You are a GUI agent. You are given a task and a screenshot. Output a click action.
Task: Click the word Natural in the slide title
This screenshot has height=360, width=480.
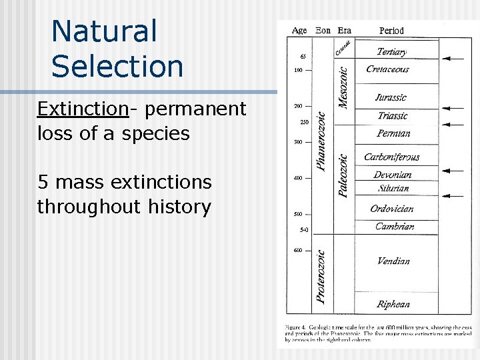[104, 32]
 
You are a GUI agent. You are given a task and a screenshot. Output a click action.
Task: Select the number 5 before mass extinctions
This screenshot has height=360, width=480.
[44, 182]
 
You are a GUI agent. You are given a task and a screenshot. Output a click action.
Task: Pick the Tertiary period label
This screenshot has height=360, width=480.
[393, 51]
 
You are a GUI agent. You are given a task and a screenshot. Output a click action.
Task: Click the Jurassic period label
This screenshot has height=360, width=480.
[390, 97]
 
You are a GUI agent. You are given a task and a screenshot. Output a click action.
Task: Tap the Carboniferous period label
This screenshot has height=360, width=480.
[391, 157]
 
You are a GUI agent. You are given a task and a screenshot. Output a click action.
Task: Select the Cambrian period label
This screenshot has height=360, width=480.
[394, 227]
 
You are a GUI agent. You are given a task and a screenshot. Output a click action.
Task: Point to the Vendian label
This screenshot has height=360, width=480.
[393, 261]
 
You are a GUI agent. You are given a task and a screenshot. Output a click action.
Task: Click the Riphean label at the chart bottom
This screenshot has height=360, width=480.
[393, 305]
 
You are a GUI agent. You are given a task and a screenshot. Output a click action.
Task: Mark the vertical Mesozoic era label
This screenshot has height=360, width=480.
[343, 82]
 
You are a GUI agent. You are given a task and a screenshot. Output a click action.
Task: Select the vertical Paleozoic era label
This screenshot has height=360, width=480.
[343, 175]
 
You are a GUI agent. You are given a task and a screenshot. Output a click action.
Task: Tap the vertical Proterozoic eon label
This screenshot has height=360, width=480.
[321, 277]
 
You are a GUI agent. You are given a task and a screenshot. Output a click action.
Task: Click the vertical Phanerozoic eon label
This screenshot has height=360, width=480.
[321, 141]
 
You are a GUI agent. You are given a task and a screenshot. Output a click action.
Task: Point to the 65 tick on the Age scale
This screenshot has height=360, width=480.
[303, 56]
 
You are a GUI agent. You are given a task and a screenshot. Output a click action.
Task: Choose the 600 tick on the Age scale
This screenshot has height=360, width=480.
[297, 251]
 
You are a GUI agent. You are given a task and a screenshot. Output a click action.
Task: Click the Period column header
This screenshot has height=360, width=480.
[391, 31]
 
